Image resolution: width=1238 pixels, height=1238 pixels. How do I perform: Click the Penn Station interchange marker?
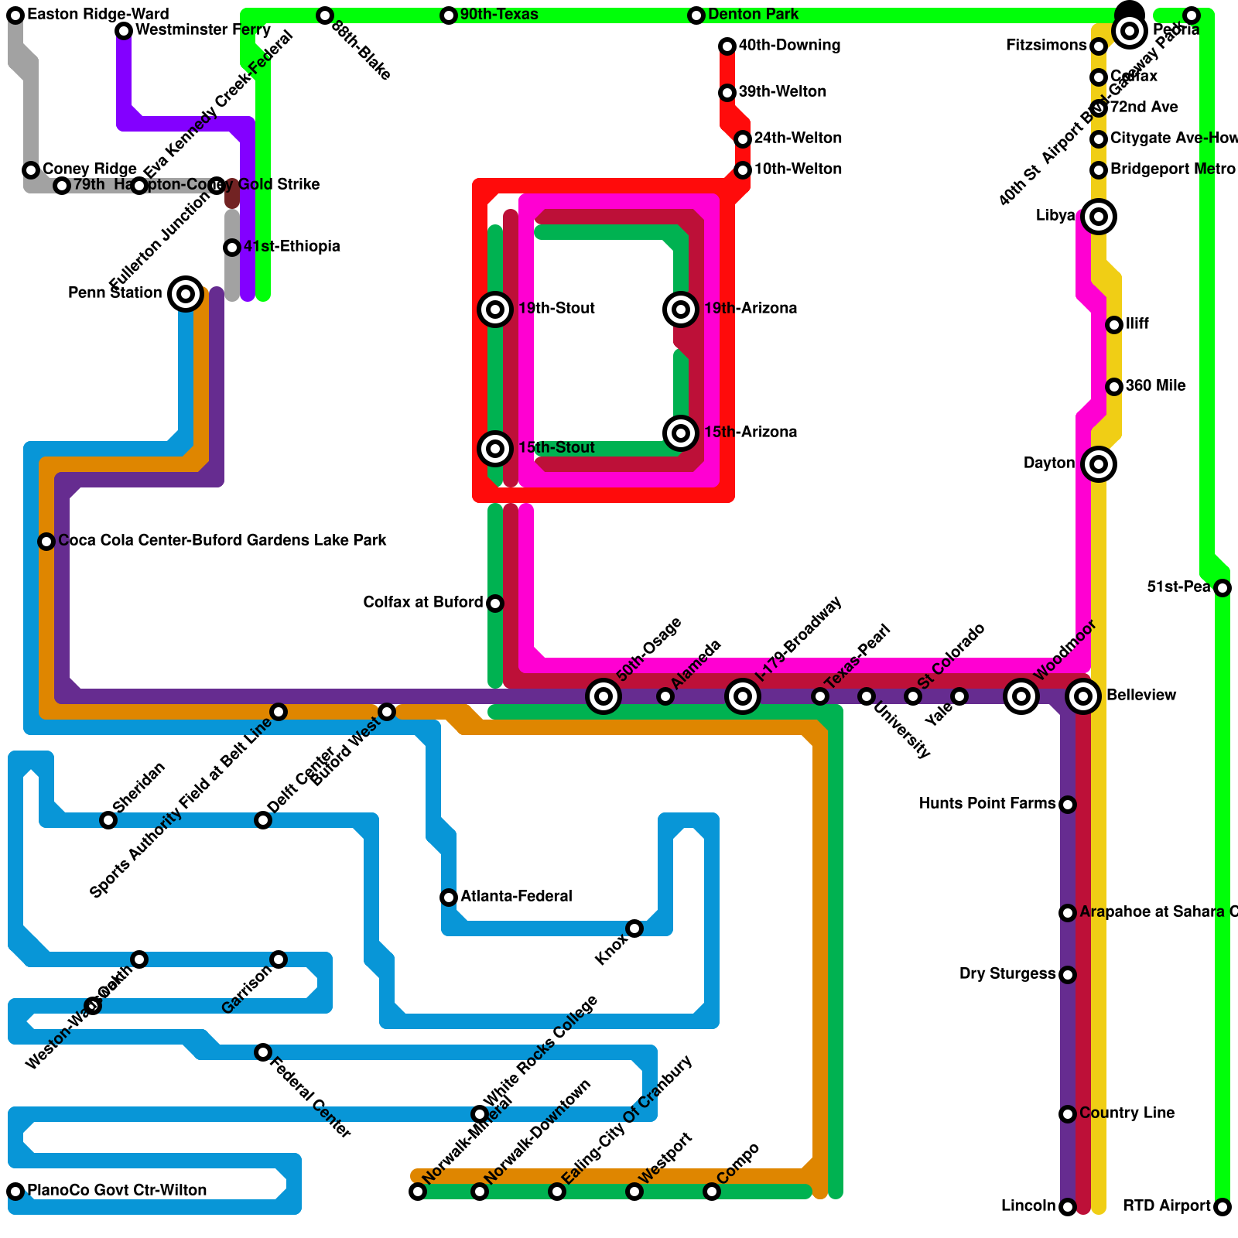coord(186,294)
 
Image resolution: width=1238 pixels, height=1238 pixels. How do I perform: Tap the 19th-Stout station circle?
coord(495,309)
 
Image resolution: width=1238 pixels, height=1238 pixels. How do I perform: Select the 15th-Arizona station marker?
coord(681,433)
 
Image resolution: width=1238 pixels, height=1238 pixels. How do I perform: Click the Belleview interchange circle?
coord(1083,696)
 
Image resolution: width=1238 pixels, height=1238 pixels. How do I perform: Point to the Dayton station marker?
coord(1099,464)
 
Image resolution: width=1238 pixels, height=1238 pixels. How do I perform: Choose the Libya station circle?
coord(1099,217)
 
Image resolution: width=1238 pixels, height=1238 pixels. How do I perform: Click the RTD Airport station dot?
coord(1223,1207)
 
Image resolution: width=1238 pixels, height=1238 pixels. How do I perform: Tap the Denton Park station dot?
coord(696,15)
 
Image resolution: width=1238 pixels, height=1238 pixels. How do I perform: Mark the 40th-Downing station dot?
coord(727,46)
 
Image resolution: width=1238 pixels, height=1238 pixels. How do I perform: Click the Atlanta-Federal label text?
coord(516,897)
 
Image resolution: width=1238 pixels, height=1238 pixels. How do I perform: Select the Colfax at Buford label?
coord(422,603)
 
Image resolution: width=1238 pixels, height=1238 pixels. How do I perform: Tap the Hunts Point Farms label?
coord(987,804)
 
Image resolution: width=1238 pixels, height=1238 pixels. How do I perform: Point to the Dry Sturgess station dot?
coord(1068,975)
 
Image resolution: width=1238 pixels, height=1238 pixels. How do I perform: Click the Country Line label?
coord(1127,1113)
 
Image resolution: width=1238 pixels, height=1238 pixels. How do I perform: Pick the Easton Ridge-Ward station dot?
coord(15,15)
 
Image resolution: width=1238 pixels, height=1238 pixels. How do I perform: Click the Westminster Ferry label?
coord(203,30)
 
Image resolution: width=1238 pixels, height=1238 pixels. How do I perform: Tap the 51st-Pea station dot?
coord(1223,588)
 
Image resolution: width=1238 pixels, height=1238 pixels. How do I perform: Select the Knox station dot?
coord(634,929)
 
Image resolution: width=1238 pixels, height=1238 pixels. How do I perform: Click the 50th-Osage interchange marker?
coord(604,696)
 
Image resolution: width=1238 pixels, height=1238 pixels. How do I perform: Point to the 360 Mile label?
coord(1155,386)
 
